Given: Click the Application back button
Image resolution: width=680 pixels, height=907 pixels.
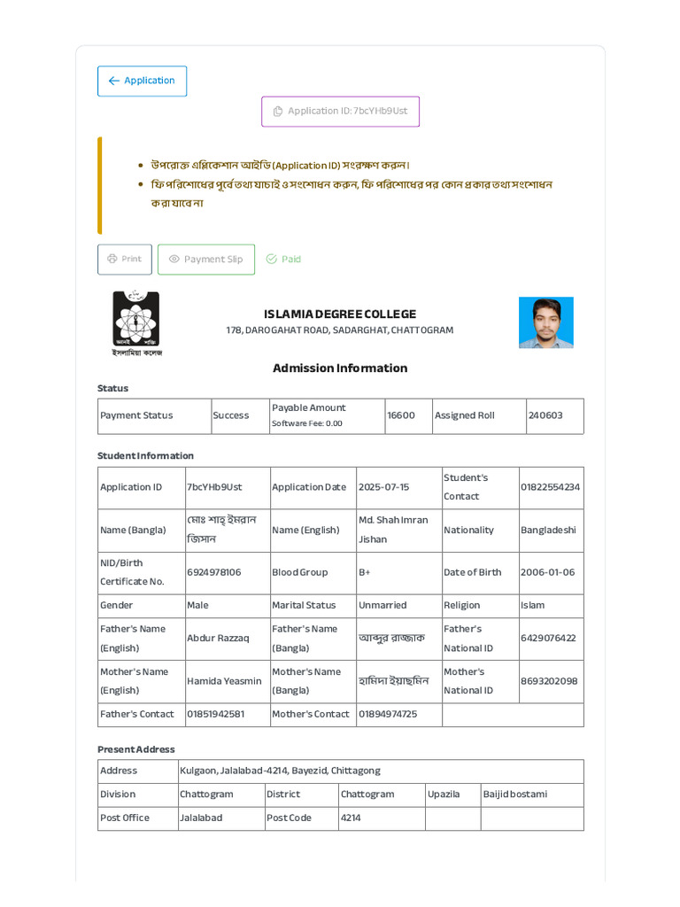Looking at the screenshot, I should pyautogui.click(x=142, y=81).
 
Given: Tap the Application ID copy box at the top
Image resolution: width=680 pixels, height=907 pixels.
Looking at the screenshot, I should pyautogui.click(x=340, y=112).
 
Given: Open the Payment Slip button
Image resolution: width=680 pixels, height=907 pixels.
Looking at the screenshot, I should pyautogui.click(x=206, y=260).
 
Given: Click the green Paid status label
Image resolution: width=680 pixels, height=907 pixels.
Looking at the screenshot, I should pyautogui.click(x=284, y=260).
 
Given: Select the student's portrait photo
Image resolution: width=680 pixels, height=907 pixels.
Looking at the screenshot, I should pyautogui.click(x=545, y=322).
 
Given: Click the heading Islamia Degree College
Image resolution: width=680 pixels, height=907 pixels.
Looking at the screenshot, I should pyautogui.click(x=340, y=314).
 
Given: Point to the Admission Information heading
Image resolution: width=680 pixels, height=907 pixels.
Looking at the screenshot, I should pyautogui.click(x=340, y=368).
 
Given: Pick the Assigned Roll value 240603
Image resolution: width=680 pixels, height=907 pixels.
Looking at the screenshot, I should pyautogui.click(x=545, y=415).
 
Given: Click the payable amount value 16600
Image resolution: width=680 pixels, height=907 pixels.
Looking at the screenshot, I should pyautogui.click(x=401, y=415).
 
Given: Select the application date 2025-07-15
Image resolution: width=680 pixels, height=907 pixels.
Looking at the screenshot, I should pyautogui.click(x=383, y=487).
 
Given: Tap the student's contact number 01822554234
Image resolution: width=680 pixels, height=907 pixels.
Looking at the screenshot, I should pyautogui.click(x=550, y=487).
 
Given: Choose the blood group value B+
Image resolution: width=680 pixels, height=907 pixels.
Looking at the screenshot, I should pyautogui.click(x=365, y=572).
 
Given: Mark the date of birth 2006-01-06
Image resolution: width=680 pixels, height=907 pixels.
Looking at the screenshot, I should pyautogui.click(x=547, y=572).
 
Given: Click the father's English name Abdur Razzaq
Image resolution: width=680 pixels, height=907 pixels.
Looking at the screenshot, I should pyautogui.click(x=218, y=639).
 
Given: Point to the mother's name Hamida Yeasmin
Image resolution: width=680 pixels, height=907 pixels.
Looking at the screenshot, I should pyautogui.click(x=224, y=681).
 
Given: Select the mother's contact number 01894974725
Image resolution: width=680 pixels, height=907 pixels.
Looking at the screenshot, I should pyautogui.click(x=388, y=714).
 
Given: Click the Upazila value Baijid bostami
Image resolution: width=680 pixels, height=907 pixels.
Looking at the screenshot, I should pyautogui.click(x=515, y=795).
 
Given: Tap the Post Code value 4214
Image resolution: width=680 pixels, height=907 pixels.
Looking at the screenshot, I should pyautogui.click(x=351, y=818).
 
